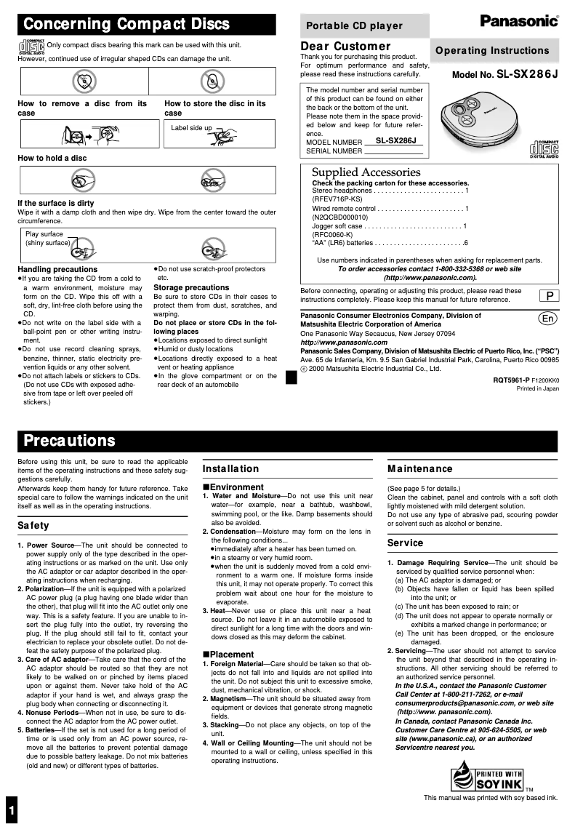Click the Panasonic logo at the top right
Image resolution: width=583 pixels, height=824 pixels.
(x=519, y=22)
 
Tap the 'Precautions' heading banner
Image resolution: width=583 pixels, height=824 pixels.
(x=70, y=441)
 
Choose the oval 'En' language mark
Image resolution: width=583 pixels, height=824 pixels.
(x=548, y=319)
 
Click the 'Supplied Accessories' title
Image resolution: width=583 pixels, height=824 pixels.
(x=366, y=172)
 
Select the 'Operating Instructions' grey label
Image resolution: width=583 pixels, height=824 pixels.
(x=492, y=50)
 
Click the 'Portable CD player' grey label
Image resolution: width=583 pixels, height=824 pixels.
(x=354, y=25)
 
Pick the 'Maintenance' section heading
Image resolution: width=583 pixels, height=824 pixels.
(x=420, y=469)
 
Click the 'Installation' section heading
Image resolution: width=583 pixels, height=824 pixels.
(x=230, y=469)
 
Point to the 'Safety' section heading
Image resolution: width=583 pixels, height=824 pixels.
(x=33, y=525)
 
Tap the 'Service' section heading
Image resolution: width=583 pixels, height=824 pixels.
(x=405, y=543)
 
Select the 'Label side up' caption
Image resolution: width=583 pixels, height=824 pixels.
(x=191, y=128)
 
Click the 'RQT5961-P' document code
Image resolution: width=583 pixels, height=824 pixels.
(x=512, y=380)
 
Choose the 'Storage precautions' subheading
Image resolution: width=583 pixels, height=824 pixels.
(x=191, y=287)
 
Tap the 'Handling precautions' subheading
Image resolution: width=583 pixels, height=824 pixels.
(x=57, y=270)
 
